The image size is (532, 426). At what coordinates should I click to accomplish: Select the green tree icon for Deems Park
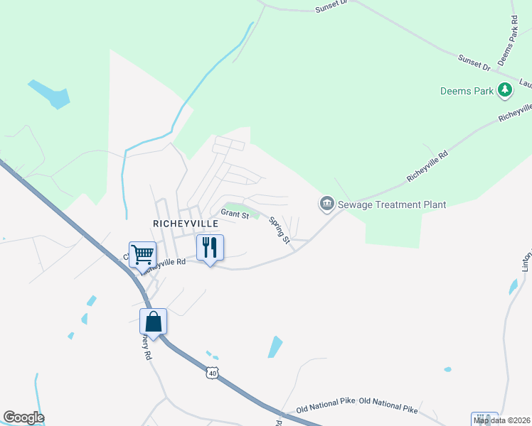tap(505, 89)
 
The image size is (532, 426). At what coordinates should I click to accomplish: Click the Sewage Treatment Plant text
tap(392, 204)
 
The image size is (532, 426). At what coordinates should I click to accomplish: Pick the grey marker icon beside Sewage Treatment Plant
tap(326, 204)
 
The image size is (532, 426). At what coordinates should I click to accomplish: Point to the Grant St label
tap(234, 212)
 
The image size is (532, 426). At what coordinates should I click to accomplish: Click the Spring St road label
tap(279, 230)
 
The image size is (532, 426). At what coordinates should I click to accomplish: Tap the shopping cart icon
tap(143, 253)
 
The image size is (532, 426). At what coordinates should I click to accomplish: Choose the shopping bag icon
tap(153, 322)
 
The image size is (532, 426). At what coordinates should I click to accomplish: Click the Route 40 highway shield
tap(211, 372)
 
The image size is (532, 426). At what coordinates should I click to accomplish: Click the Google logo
tap(23, 417)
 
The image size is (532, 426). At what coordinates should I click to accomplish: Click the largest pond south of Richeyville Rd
tap(275, 346)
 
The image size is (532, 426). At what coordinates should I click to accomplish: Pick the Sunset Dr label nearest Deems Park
tap(474, 62)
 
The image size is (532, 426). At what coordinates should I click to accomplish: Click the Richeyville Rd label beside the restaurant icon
tap(165, 264)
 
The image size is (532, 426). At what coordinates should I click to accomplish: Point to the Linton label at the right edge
tap(527, 260)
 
